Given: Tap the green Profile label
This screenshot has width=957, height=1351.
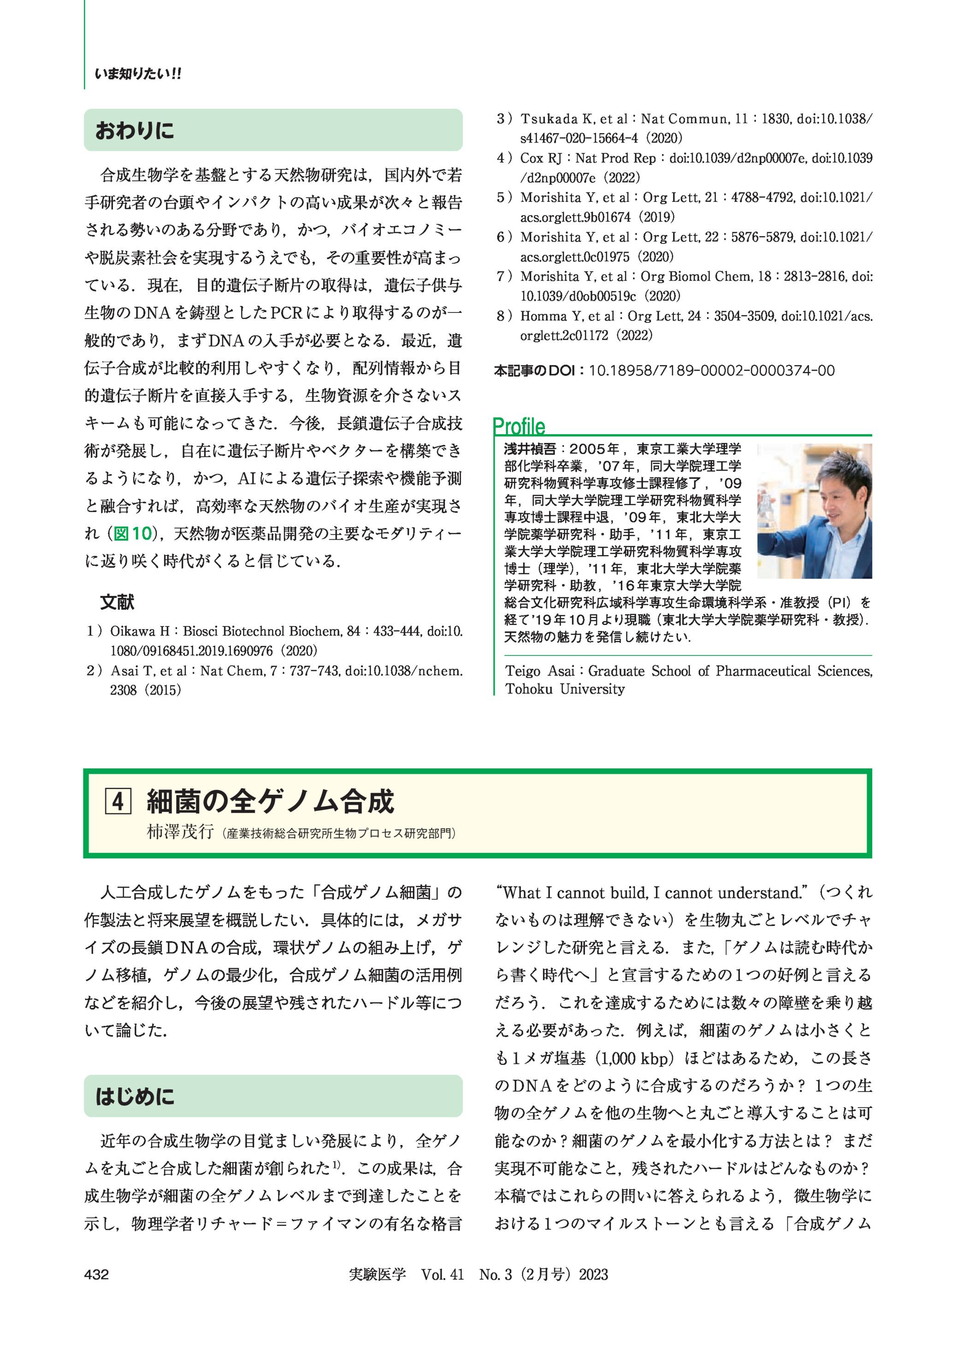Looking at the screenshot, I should coord(519,426).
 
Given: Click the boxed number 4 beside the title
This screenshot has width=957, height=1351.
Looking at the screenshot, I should coord(118,801).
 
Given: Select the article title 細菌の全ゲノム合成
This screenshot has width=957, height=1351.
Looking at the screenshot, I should coord(270,801).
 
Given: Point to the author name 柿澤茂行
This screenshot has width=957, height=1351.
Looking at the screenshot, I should coord(180,832).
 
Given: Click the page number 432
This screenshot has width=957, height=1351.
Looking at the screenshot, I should coord(97,1274).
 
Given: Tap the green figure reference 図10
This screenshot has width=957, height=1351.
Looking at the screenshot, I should coord(133,533).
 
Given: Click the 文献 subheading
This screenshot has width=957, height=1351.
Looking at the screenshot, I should coord(117,602).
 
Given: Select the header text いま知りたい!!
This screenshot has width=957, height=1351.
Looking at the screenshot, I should coord(138,74).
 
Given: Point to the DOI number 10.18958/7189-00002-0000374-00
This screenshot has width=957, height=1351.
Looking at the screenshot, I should coord(711,371).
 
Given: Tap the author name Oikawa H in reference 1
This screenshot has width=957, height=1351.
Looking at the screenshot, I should coord(140,631).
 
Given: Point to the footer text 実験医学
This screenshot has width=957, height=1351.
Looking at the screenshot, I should coord(377,1274).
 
